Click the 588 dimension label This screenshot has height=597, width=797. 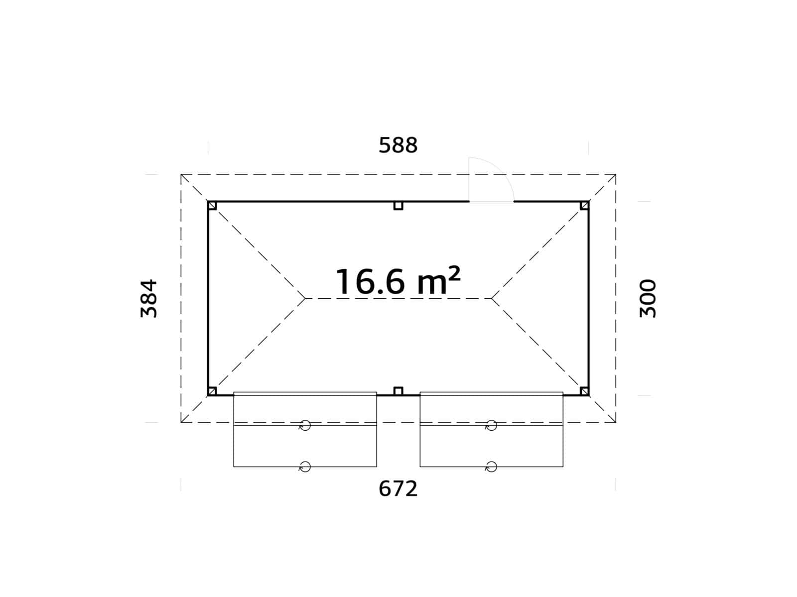(398, 145)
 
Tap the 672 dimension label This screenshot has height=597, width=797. (398, 489)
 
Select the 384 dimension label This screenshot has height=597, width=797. (149, 298)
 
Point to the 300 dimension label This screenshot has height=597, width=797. (648, 298)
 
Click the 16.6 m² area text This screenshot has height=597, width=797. (398, 281)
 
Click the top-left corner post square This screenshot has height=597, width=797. (212, 206)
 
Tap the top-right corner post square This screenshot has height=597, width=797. (584, 206)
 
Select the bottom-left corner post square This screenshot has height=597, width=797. (212, 391)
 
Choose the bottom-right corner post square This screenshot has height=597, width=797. (584, 391)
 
